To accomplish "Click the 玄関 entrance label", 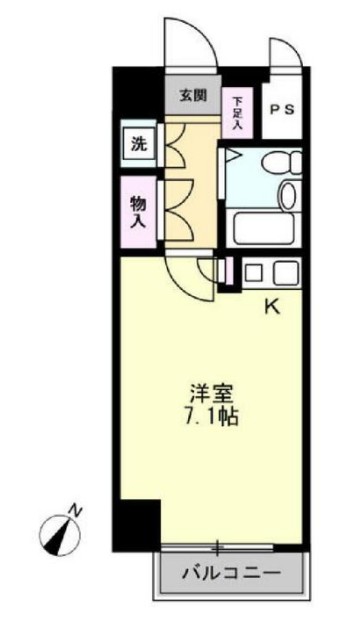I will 193,96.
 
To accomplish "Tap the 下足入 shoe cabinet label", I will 238,112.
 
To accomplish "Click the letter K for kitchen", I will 271,307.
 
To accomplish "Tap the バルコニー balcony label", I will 231,574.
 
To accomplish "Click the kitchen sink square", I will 253,271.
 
